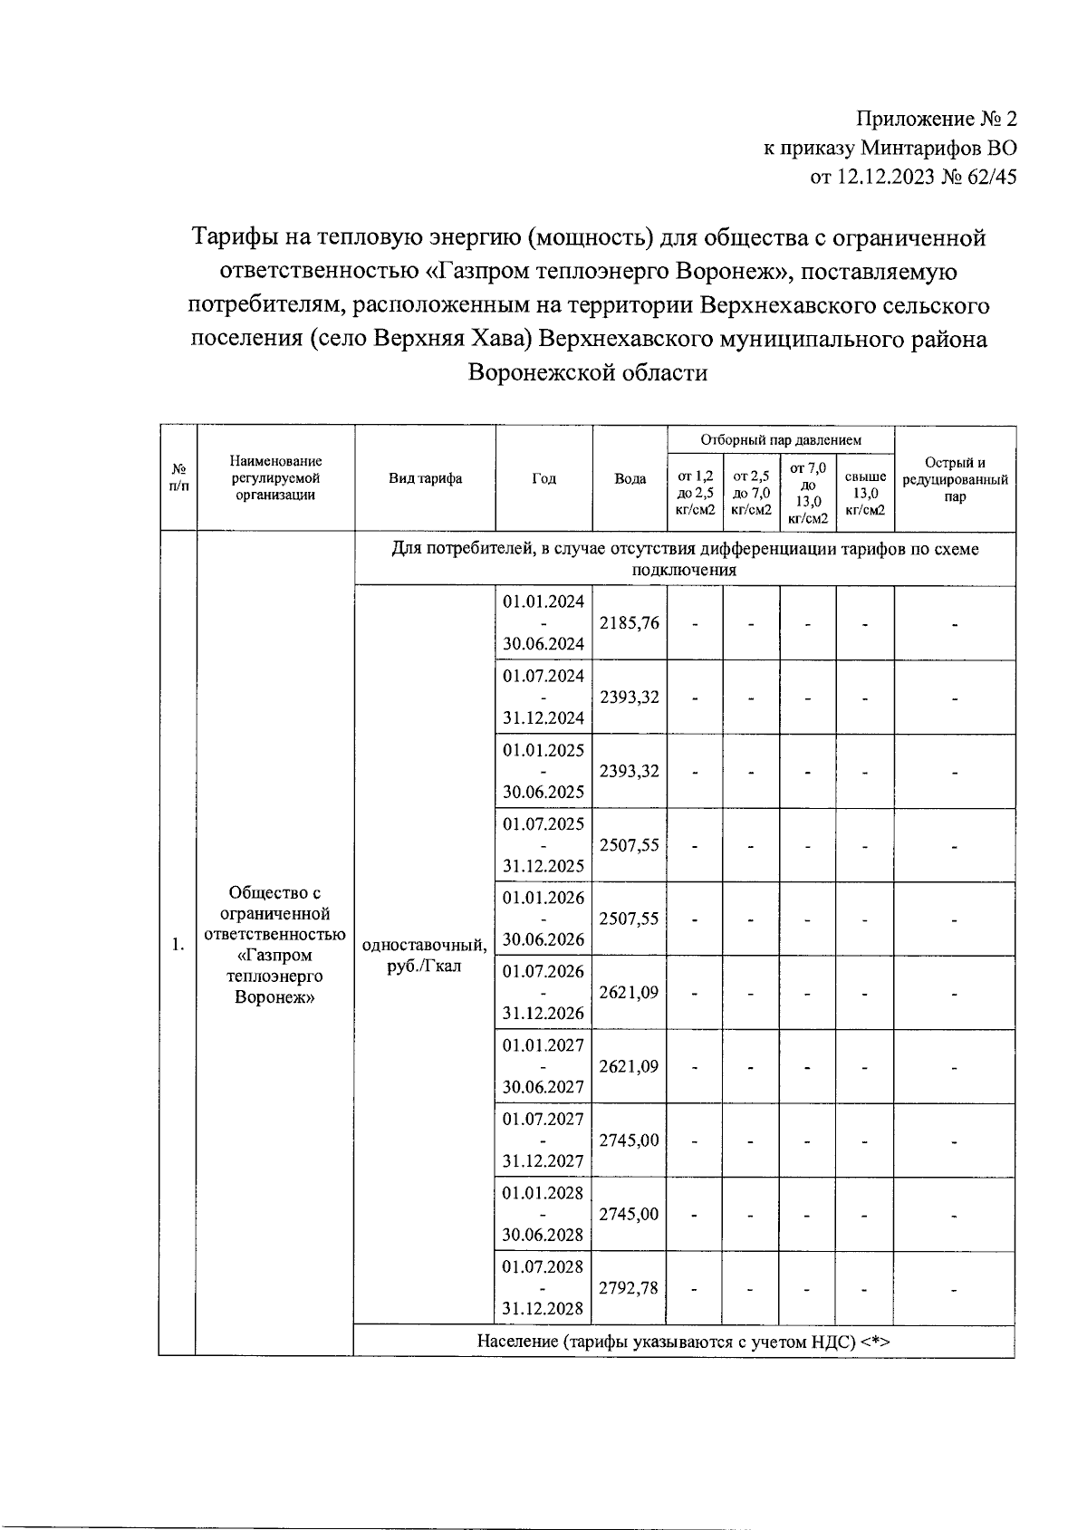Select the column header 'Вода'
(630, 478)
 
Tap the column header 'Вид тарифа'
(425, 478)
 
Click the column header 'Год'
(543, 478)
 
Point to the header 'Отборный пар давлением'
(780, 439)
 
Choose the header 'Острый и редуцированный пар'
(955, 479)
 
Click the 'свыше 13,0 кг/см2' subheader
(864, 492)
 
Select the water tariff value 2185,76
(630, 623)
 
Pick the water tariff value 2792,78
(630, 1287)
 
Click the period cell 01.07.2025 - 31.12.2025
(543, 844)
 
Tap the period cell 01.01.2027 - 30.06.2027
(543, 1065)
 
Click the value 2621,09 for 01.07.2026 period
(630, 992)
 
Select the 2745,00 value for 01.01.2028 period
(630, 1214)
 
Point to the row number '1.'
(178, 945)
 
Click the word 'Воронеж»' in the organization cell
(274, 997)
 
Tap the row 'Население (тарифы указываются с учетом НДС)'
(684, 1342)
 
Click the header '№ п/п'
(178, 478)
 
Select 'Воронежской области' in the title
(587, 372)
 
